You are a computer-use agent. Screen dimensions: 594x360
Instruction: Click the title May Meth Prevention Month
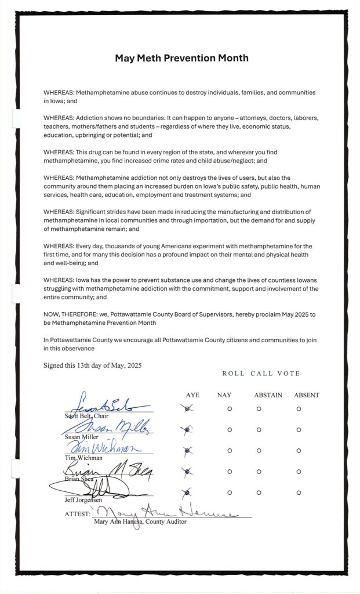pos(181,58)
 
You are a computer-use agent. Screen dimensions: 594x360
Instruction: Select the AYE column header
pos(192,395)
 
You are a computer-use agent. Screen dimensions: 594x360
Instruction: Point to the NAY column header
pos(224,395)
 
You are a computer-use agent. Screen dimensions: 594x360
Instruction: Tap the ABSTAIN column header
pos(268,395)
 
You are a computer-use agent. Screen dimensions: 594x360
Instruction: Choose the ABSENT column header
pos(306,395)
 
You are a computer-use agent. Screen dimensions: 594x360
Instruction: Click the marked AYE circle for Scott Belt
pos(186,409)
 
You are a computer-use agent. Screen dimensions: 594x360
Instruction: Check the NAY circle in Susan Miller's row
pos(230,430)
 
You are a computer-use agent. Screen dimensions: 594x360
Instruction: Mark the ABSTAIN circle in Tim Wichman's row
pos(259,450)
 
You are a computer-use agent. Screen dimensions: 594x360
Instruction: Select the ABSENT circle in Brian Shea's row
pos(299,471)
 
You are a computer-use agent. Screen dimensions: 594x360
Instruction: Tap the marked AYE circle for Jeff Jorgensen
pos(186,492)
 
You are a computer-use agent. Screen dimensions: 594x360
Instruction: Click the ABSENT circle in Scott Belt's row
pos(299,409)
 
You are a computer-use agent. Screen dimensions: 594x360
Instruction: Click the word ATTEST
pos(77,514)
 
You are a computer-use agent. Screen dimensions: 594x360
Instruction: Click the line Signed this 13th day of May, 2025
pos(92,365)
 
